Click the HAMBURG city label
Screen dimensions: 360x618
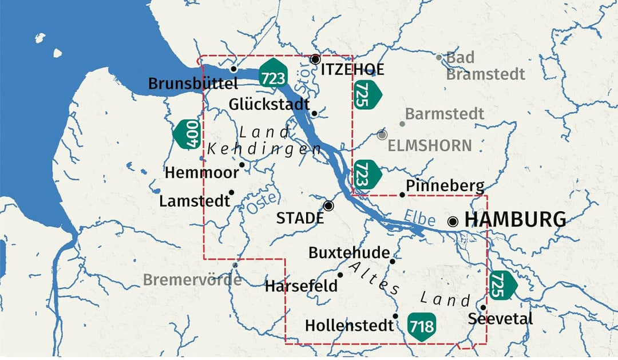tap(515, 220)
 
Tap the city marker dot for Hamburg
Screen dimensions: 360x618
tap(453, 221)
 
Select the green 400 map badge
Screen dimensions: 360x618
tap(187, 134)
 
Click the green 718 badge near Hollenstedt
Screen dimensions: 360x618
tap(422, 326)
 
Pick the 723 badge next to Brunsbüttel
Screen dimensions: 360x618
tap(273, 73)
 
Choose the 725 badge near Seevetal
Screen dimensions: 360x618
tap(501, 284)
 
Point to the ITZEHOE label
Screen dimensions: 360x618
tap(352, 70)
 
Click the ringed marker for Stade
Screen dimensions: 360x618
tap(328, 205)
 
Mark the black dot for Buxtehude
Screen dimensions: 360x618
tap(393, 261)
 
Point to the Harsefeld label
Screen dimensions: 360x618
tap(301, 286)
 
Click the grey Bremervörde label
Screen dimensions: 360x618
tap(192, 280)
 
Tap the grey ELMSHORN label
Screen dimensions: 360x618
tap(429, 145)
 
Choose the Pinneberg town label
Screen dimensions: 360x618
tap(445, 186)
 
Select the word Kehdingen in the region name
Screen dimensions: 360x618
tap(264, 149)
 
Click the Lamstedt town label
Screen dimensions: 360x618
tap(195, 201)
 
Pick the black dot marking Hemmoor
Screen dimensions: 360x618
tap(242, 165)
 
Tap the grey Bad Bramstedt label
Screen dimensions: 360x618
tap(485, 66)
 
